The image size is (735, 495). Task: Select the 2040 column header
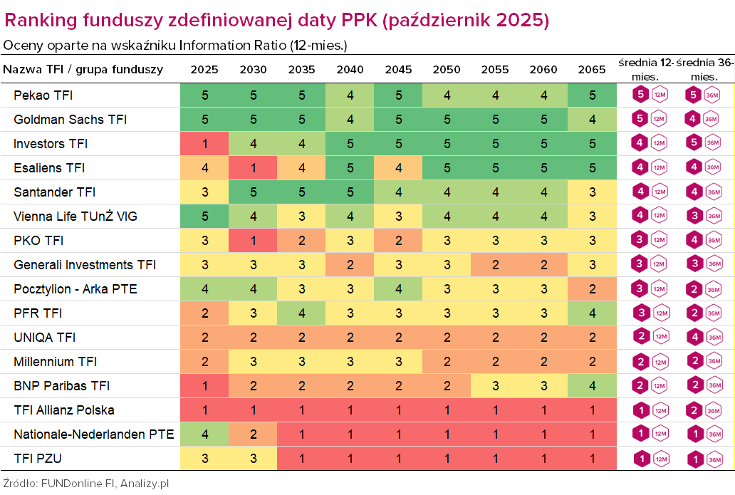tap(350, 70)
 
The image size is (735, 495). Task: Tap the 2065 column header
tap(592, 70)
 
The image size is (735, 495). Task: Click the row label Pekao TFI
tap(43, 95)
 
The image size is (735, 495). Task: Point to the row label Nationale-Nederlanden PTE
tap(93, 434)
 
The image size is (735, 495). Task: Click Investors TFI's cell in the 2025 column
tap(204, 144)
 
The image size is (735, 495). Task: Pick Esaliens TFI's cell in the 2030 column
tap(253, 168)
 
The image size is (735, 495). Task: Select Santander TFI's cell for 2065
tap(592, 192)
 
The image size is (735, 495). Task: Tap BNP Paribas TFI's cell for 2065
tap(592, 386)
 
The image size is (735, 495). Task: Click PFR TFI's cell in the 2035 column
tap(301, 313)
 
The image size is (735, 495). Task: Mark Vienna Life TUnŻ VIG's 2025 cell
tap(204, 217)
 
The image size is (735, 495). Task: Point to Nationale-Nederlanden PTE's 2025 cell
tap(204, 434)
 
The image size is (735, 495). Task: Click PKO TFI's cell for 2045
tap(398, 241)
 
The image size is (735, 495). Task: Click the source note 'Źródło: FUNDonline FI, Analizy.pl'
tap(86, 483)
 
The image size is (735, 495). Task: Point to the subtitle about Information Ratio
tap(175, 45)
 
